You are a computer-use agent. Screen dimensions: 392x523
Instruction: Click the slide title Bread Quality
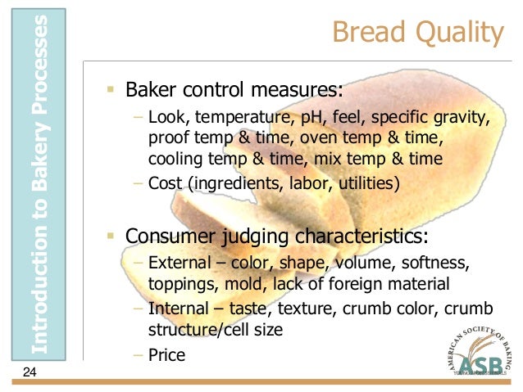(417, 33)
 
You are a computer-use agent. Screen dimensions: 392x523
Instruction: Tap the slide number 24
(30, 373)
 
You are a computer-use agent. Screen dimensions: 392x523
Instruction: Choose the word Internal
(180, 310)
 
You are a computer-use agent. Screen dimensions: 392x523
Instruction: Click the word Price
(167, 355)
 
